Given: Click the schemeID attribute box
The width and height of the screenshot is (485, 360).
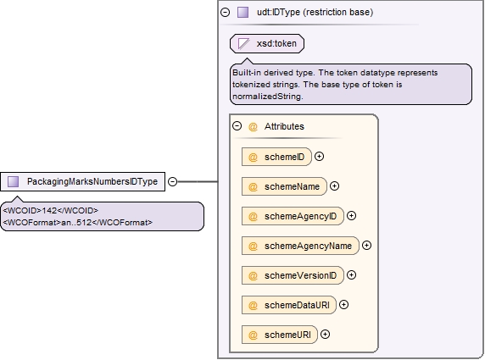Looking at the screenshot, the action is point(276,157).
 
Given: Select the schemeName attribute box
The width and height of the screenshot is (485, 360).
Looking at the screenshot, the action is point(284,186).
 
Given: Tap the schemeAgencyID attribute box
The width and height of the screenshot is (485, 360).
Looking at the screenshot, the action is point(293,216).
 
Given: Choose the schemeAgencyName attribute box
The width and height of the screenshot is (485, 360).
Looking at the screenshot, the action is point(300,246).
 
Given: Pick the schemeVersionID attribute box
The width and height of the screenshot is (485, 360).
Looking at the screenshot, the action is point(293,275).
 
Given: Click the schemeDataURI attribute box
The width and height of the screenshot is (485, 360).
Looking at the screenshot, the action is point(289,305).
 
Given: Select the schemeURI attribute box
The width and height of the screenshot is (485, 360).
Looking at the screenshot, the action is point(280,335).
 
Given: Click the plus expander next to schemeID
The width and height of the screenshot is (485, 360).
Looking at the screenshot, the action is point(319,157).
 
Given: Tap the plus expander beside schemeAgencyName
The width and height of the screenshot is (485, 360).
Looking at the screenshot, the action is point(366,246).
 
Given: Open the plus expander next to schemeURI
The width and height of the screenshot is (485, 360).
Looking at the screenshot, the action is point(325,335).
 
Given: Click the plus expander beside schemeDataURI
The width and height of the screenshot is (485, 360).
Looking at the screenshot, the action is point(343,305).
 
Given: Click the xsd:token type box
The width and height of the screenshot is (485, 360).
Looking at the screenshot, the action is point(267,43).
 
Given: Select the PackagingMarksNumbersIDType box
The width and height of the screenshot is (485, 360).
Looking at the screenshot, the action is point(82,182).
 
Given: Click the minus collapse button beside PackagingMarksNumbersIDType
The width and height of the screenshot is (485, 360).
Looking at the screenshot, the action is point(173,181).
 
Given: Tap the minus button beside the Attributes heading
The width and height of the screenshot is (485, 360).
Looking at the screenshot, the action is point(237,125).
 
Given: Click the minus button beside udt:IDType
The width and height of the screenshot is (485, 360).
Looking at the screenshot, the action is point(226,12).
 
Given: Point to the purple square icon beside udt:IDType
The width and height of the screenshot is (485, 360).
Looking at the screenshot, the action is point(242,13).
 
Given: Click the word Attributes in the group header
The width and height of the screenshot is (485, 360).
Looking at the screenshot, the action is point(284,126).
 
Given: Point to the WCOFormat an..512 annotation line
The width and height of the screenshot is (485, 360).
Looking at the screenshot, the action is point(78,223).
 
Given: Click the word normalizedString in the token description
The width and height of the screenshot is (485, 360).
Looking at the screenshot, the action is point(268,97).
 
